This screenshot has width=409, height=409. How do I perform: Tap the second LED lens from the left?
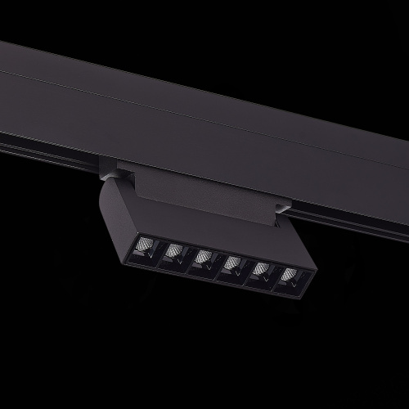coord(173,252)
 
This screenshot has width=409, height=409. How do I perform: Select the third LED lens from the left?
coord(202,259)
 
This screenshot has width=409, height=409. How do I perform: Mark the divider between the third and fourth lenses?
coord(217,263)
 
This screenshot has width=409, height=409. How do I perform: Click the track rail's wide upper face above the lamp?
coord(204,106)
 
